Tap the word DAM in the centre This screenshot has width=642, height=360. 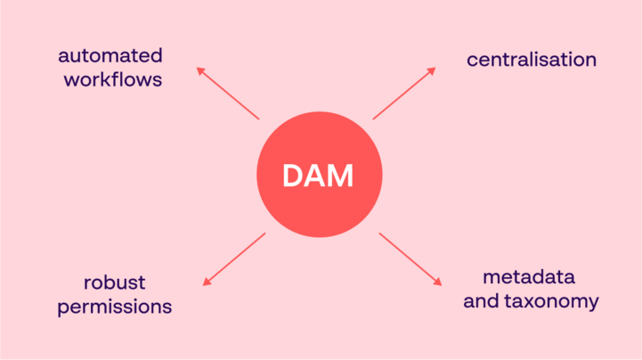[x=319, y=176]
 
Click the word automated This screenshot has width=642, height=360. [x=111, y=55]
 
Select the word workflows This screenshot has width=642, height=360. [x=113, y=79]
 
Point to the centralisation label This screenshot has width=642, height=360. [x=532, y=60]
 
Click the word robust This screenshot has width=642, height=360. [x=114, y=283]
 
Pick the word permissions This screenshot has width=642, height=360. [x=115, y=307]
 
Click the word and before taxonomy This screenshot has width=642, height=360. [x=481, y=301]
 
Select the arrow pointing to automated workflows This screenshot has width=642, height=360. [x=228, y=93]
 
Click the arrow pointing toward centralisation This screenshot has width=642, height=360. [x=404, y=94]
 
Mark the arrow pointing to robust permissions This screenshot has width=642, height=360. [x=234, y=259]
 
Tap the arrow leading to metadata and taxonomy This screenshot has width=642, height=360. [x=410, y=259]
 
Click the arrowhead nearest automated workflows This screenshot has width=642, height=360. [x=199, y=70]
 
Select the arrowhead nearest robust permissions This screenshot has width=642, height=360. [x=207, y=282]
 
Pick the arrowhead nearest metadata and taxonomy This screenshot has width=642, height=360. [x=437, y=282]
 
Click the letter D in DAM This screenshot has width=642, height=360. [x=295, y=176]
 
